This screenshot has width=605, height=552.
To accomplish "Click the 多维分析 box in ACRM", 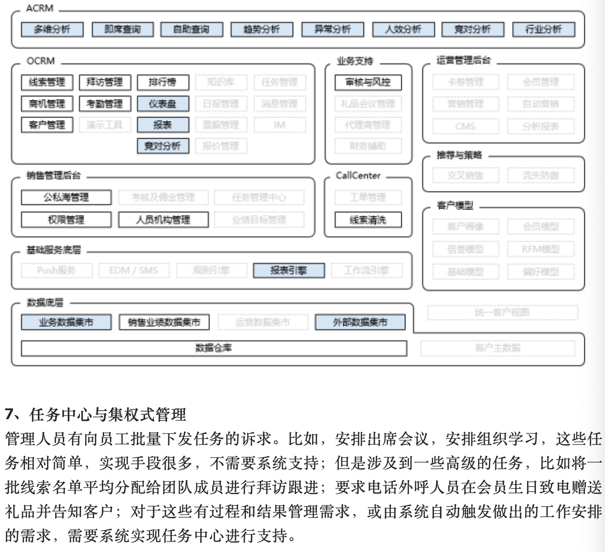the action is pos(52,30).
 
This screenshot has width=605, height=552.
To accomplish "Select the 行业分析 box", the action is pos(543,30).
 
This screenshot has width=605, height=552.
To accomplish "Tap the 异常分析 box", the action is pos(332,30).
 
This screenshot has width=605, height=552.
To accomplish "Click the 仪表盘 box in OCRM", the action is pos(162,104).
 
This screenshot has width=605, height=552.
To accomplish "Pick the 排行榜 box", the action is pos(162,82).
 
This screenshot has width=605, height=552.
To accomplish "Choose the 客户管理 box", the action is pos(47,125).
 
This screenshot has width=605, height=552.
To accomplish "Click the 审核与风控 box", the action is pos(368,82).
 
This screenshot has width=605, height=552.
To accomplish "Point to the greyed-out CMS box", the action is pos(465,126).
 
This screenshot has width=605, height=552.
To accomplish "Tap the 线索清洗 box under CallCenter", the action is pos(368,220).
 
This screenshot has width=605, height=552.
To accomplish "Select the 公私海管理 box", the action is pos(66,197).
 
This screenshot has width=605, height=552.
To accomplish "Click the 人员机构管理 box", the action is pos(163,220).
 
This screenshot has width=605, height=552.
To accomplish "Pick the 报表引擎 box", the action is pos(289,271).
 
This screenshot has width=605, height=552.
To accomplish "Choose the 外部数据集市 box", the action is pos(360,322).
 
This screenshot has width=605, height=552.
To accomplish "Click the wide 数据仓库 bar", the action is pos(214,348).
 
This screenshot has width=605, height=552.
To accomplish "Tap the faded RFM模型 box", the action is pos(540,249).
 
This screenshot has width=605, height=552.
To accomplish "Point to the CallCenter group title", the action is pos(358,175).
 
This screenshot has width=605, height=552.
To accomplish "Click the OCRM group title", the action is pos(40,61).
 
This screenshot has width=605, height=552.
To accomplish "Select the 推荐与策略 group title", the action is pos(459,155).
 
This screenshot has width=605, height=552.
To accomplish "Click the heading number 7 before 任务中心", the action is pos(9,414).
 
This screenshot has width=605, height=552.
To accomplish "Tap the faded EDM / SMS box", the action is pos(134,271).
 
